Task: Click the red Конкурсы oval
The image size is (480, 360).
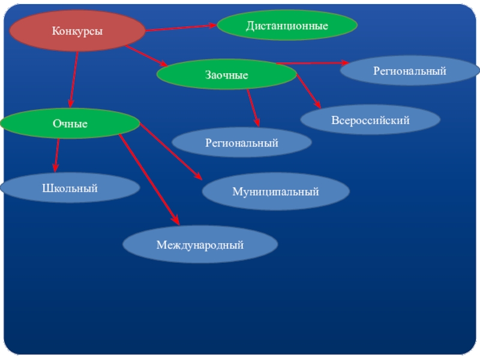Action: point(77,31)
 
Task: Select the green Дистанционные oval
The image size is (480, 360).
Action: point(287,26)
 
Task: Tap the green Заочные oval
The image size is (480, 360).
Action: point(227,75)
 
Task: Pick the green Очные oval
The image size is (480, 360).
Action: point(70,124)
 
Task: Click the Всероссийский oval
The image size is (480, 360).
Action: point(370,120)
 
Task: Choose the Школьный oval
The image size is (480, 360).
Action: point(70,188)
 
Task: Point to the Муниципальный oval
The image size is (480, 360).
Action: point(275,192)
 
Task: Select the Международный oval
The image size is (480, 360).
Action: point(200,245)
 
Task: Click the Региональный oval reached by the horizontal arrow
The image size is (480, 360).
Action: point(410,71)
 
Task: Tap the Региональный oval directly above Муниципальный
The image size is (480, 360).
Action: point(242,143)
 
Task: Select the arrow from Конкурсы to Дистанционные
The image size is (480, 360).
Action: point(180,28)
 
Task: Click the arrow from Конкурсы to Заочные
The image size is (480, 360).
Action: point(147,56)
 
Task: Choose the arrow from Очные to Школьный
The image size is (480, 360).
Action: point(56,155)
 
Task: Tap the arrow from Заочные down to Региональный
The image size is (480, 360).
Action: point(253,107)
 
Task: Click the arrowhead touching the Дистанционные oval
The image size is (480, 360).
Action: point(212,26)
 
